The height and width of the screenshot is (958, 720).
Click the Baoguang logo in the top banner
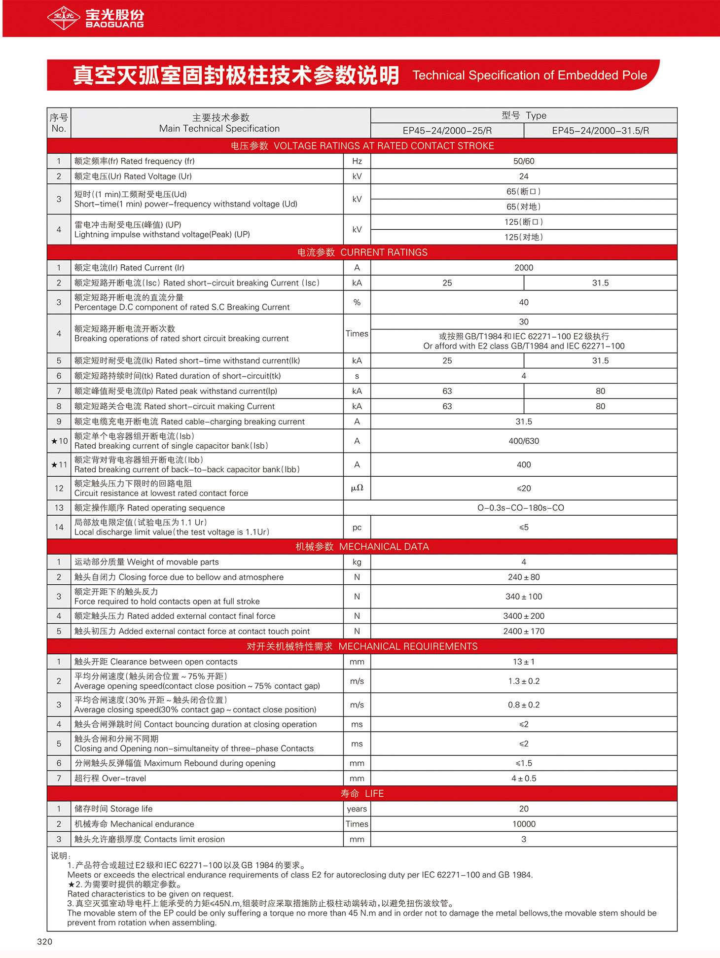pyautogui.click(x=96, y=18)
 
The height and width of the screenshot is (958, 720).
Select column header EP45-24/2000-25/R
pyautogui.click(x=447, y=131)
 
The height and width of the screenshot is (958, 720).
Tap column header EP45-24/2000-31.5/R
pyautogui.click(x=600, y=131)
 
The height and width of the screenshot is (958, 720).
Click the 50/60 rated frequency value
pyautogui.click(x=523, y=161)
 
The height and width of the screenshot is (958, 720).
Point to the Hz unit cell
pyautogui.click(x=357, y=161)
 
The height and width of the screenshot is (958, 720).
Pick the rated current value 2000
pyautogui.click(x=523, y=268)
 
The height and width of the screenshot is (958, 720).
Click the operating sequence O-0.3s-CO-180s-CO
pyautogui.click(x=520, y=508)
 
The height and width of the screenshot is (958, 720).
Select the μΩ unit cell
pyautogui.click(x=357, y=488)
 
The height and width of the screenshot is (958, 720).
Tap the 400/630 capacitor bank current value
pyautogui.click(x=523, y=441)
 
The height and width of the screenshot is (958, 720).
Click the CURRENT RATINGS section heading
pyautogui.click(x=362, y=252)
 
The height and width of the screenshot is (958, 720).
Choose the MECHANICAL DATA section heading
pyautogui.click(x=362, y=547)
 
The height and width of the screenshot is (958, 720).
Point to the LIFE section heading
pyautogui.click(x=362, y=793)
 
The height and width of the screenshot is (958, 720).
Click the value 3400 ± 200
pyautogui.click(x=523, y=616)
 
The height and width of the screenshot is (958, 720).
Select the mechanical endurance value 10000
pyautogui.click(x=523, y=824)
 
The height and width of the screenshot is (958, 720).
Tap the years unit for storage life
pyautogui.click(x=357, y=809)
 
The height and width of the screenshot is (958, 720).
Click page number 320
pyautogui.click(x=44, y=941)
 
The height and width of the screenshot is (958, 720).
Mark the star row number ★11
pyautogui.click(x=59, y=464)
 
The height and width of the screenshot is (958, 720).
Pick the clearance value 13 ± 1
pyautogui.click(x=523, y=662)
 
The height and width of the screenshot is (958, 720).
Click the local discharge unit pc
pyautogui.click(x=357, y=527)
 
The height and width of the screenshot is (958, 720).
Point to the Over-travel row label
pyautogui.click(x=110, y=778)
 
